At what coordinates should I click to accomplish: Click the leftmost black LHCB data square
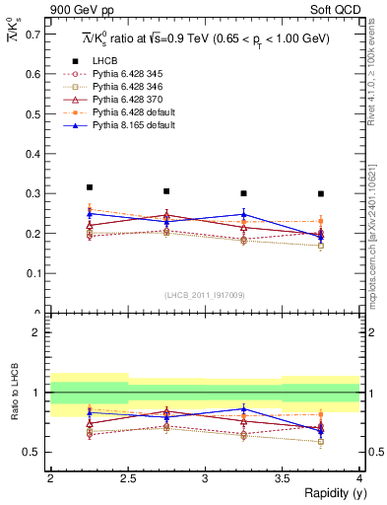pyautogui.click(x=90, y=187)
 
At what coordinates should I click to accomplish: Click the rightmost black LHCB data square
pyautogui.click(x=321, y=194)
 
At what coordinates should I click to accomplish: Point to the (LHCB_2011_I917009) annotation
pyautogui.click(x=205, y=295)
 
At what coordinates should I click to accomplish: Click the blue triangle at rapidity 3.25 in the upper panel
pyautogui.click(x=244, y=214)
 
